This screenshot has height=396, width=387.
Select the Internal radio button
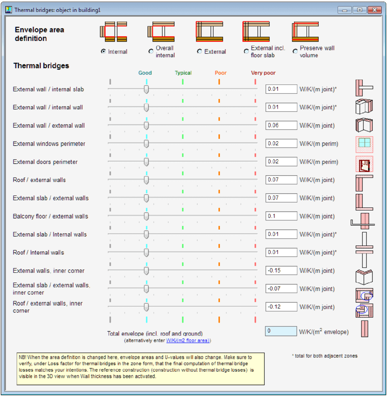point(103,51)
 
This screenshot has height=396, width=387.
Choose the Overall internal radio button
point(151,51)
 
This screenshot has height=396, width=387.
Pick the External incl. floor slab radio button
point(246,51)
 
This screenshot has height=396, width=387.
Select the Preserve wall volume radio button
point(295,51)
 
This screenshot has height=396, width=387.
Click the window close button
point(374,10)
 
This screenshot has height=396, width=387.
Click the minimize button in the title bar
point(344,10)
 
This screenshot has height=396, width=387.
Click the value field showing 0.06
point(281,125)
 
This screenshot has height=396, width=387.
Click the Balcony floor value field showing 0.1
point(281,216)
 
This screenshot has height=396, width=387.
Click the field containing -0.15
point(281,271)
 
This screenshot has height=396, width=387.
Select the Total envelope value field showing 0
point(281,331)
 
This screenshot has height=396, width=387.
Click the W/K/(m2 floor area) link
point(188,341)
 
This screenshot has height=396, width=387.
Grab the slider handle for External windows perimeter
point(146,144)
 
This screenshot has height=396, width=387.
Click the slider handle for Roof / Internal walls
point(146,253)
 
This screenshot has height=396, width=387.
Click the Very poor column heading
point(263,73)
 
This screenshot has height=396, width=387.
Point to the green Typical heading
point(183,73)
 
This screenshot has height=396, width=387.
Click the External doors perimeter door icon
point(364,164)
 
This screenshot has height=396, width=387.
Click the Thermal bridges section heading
point(41,66)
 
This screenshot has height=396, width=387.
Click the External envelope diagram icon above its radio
point(209,32)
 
